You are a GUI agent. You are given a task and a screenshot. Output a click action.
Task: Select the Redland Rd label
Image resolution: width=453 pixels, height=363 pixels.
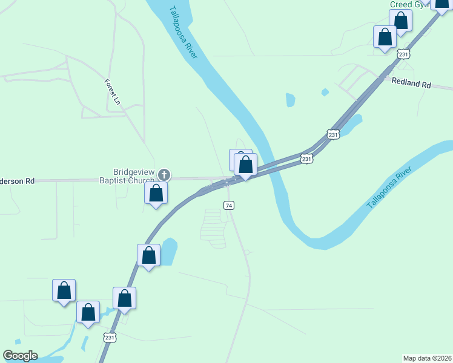(x=411, y=83)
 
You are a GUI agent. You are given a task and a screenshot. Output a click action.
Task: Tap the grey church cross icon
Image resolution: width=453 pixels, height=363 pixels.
(x=164, y=175)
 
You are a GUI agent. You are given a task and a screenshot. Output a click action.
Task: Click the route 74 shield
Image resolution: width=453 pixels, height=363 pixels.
(x=229, y=206)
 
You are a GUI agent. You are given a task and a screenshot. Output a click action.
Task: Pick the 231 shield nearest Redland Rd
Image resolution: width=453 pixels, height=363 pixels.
(x=333, y=134)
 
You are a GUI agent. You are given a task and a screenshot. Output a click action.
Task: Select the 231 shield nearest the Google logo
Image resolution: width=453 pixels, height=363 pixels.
(x=109, y=338)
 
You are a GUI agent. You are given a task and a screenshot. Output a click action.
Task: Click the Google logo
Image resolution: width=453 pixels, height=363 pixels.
(x=20, y=356)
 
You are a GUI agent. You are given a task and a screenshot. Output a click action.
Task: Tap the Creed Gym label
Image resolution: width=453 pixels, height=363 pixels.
(x=409, y=4)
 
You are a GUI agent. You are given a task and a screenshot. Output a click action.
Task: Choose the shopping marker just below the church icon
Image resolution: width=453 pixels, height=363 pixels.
(x=156, y=194)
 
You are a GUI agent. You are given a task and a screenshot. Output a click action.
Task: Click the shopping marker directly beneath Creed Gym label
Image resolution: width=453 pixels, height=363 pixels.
(x=401, y=21)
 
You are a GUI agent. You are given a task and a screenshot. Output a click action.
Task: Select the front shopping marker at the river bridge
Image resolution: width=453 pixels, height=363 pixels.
(x=246, y=165)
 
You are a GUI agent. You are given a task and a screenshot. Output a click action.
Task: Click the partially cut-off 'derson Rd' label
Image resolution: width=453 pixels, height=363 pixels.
(x=18, y=180)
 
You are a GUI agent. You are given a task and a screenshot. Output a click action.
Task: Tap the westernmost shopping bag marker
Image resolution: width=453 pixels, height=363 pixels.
(x=64, y=292)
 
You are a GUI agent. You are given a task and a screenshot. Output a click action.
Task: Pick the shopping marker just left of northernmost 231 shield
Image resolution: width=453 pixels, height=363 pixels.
(x=385, y=38)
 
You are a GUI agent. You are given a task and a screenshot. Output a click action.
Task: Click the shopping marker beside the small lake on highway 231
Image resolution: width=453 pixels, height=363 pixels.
(x=149, y=256)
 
